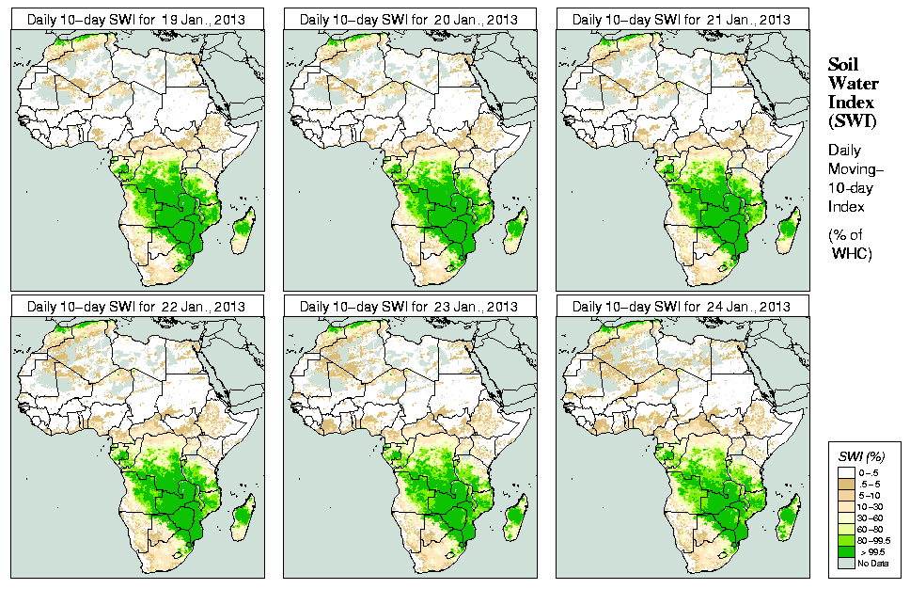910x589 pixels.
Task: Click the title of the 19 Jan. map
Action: tap(136, 19)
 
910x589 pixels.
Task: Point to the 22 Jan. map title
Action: tap(136, 307)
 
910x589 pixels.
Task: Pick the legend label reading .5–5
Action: tap(870, 482)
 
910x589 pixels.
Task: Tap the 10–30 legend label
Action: tap(870, 505)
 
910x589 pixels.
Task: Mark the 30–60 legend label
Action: tap(870, 517)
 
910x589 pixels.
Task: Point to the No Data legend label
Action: tap(871, 563)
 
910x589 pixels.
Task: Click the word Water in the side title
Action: tap(851, 83)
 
